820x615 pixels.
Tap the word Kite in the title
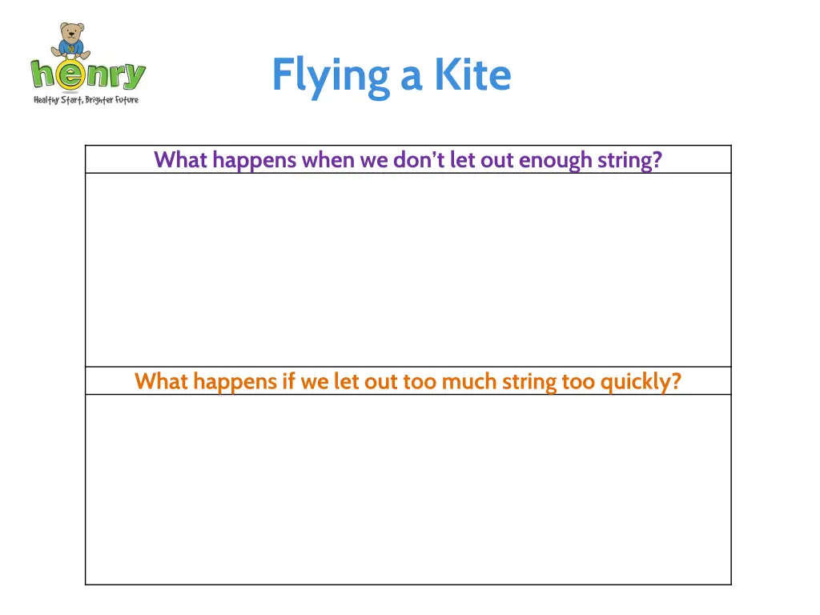(472, 75)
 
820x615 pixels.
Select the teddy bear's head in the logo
(72, 34)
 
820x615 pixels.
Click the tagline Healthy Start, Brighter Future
(86, 100)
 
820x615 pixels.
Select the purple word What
(181, 160)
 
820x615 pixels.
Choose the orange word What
(162, 381)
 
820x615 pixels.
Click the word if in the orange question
(288, 381)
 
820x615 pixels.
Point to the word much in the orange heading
(469, 381)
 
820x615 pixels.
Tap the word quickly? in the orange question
(641, 382)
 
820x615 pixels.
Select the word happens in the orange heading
(235, 382)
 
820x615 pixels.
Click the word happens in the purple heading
(255, 161)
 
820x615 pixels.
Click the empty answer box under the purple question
(408, 270)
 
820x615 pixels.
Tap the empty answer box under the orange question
(408, 489)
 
